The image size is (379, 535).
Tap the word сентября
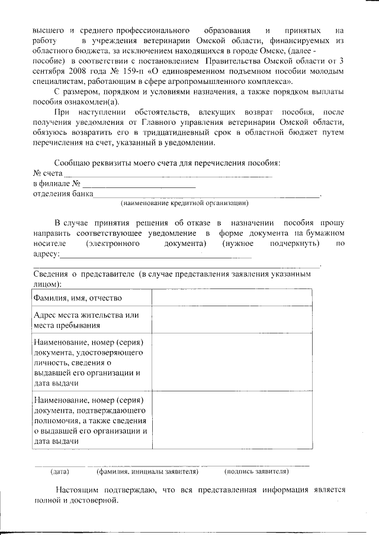[x=49, y=71]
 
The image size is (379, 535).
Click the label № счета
[x=47, y=173]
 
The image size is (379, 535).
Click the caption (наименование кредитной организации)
[x=184, y=203]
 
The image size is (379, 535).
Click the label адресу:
[x=46, y=254]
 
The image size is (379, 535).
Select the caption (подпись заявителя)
[x=256, y=471]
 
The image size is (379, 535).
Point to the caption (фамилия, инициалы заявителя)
[x=147, y=471]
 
